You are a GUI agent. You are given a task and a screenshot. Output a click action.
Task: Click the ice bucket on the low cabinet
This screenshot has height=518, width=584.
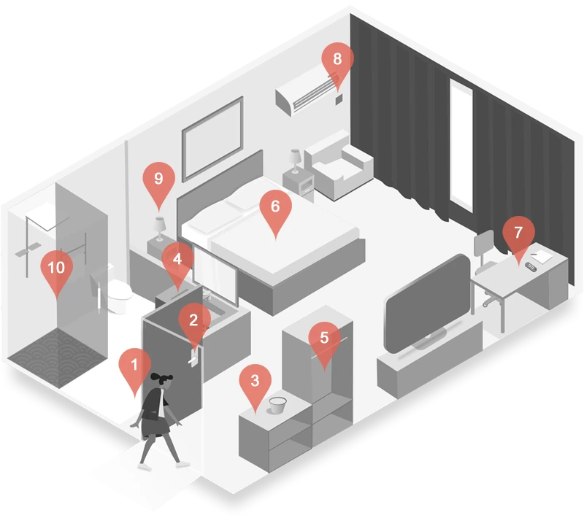277,405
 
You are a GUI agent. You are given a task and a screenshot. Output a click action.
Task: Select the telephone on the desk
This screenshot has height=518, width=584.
531,266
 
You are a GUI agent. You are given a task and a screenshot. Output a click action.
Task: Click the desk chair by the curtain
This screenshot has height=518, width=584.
486,268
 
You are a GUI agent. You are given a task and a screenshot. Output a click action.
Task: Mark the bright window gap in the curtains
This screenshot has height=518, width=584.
461,146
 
